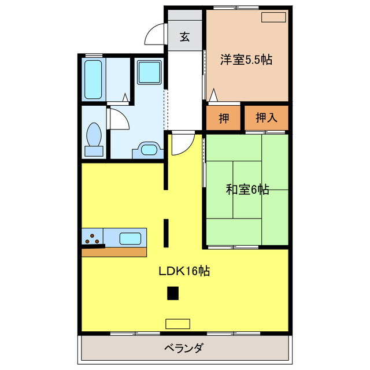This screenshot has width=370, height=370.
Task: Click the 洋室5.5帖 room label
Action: pos(246,58)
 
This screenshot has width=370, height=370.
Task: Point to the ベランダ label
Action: pos(184,349)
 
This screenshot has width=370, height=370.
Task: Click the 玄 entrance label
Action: pos(184,38)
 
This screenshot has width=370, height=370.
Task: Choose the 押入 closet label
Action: pos(265,118)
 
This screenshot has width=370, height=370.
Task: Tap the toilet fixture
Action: pos(93,139)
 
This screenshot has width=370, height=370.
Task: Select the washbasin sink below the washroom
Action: pos(149,150)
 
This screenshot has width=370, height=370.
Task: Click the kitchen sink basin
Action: pos(131,238)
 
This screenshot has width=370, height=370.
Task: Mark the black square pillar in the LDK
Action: pos(173,294)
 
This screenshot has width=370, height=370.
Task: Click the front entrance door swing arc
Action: pos(154,35)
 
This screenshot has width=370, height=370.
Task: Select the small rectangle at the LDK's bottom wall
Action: pos(177,323)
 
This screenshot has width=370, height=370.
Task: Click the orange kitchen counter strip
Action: pos(113,251)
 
